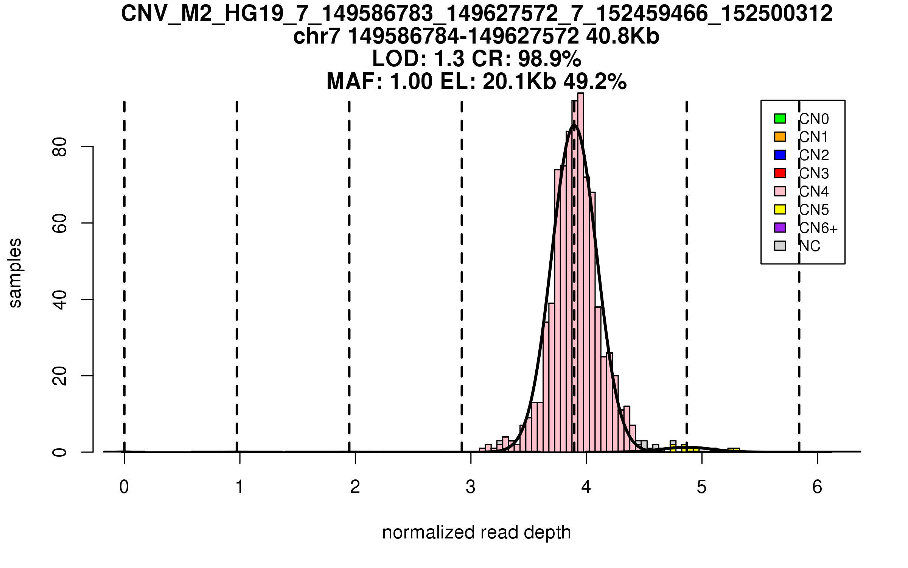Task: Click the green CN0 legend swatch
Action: (780, 119)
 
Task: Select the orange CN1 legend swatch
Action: (780, 137)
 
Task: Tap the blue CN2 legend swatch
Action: (780, 155)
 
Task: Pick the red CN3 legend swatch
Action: (780, 173)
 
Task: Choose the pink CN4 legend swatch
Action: (780, 191)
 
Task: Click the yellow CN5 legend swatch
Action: (780, 209)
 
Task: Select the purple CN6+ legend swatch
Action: (780, 228)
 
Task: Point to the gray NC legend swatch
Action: (780, 246)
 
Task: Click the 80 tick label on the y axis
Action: (60, 147)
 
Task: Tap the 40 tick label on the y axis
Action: (60, 300)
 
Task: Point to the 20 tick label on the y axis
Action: (60, 376)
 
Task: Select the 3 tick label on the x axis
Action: (471, 487)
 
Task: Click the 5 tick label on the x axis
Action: (702, 487)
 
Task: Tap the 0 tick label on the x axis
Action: (124, 487)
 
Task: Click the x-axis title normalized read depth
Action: (476, 532)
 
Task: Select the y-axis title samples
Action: (15, 273)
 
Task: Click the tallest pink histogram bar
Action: (580, 273)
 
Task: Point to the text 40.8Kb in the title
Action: (622, 37)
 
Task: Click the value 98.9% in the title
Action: (549, 59)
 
